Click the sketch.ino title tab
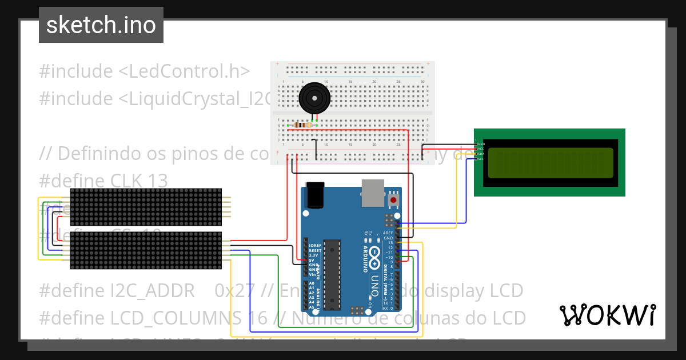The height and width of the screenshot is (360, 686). (x=101, y=25)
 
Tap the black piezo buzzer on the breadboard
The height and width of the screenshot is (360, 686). (x=314, y=98)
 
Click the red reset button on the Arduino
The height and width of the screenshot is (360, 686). (x=393, y=200)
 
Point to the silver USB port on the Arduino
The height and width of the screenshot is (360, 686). (x=373, y=193)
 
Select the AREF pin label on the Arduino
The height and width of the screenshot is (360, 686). (x=388, y=233)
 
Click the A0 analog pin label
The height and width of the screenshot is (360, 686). (x=312, y=283)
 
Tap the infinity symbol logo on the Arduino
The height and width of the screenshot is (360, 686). (x=374, y=254)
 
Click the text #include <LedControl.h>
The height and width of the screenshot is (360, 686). (x=145, y=71)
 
